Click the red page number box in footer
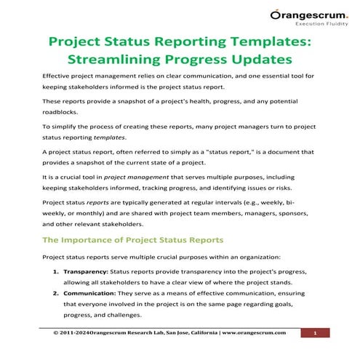point(316,333)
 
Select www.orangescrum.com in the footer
point(249,333)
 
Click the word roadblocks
point(64,113)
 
